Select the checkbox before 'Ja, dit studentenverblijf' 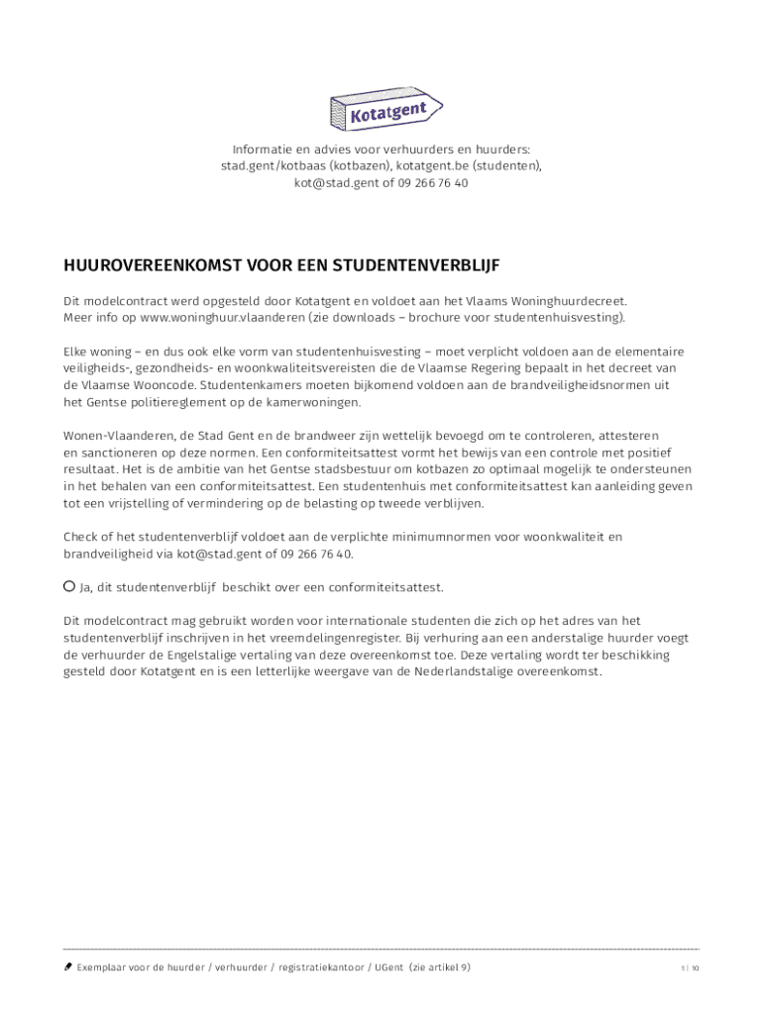click(69, 586)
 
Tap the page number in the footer click(690, 968)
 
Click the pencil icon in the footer click(67, 967)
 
